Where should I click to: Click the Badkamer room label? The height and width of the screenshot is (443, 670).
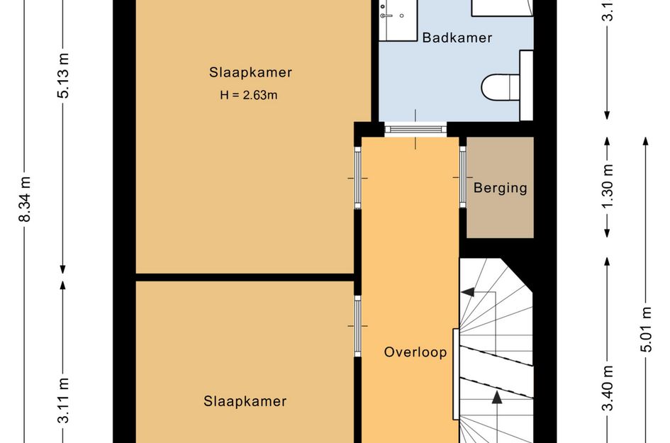click(x=457, y=38)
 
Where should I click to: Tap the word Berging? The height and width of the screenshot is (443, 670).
click(x=501, y=188)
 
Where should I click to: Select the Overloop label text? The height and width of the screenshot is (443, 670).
click(x=415, y=352)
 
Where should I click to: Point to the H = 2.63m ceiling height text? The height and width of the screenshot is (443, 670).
click(x=248, y=95)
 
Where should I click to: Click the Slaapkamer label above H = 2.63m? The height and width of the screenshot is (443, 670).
click(x=250, y=72)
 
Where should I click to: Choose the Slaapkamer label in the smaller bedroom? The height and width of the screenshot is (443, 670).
click(x=245, y=401)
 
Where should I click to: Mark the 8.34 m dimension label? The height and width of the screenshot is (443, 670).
click(x=25, y=199)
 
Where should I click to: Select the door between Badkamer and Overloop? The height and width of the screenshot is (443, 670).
click(x=415, y=129)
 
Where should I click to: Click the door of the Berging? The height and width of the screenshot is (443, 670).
click(x=462, y=176)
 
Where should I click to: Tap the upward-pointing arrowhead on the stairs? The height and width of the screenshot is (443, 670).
click(x=497, y=398)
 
